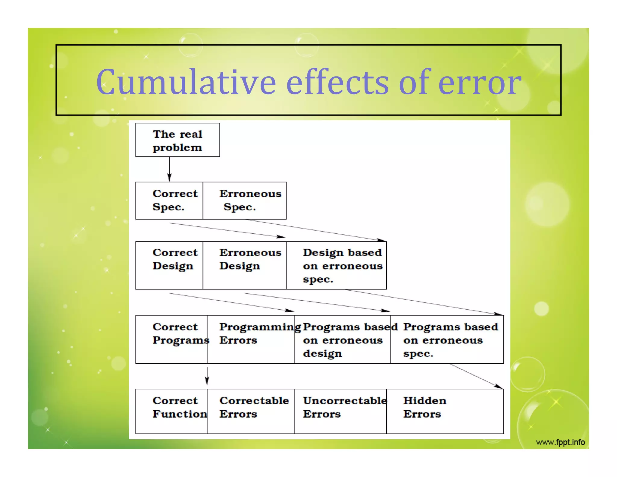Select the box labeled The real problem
click(x=177, y=140)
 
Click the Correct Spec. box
click(x=169, y=201)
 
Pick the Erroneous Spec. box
click(x=245, y=201)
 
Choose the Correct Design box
click(x=169, y=265)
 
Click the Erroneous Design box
click(x=245, y=265)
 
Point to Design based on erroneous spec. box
click(x=336, y=265)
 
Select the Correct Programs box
click(x=171, y=339)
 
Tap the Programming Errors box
click(x=251, y=339)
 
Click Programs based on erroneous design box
click(x=343, y=339)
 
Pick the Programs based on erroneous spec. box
click(x=447, y=339)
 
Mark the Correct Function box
click(x=171, y=411)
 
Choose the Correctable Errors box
click(x=251, y=411)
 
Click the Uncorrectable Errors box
click(x=340, y=411)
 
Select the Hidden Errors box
click(x=445, y=411)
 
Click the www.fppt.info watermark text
click(x=560, y=442)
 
